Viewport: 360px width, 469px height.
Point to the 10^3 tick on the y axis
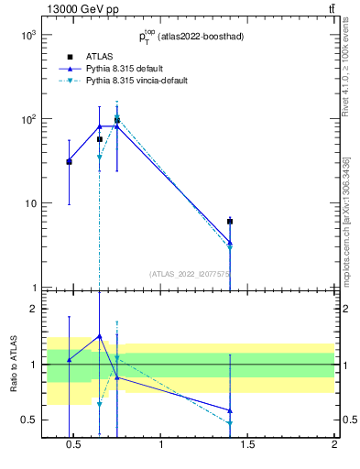point(28,35)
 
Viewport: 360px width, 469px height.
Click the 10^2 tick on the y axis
point(28,119)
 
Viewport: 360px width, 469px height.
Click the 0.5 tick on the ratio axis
point(28,420)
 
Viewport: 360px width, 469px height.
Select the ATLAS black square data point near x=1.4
point(230,222)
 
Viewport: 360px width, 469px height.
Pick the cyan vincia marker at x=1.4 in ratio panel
point(230,423)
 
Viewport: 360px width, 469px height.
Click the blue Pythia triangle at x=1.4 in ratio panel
point(230,410)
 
